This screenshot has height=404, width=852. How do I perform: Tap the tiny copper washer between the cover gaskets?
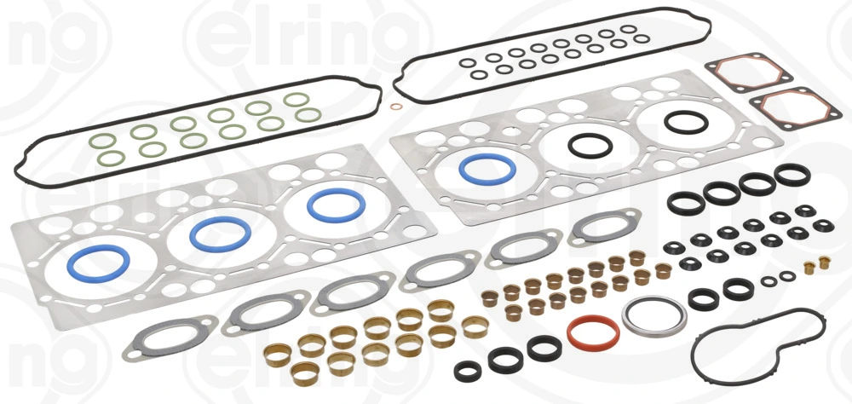[x=394, y=107]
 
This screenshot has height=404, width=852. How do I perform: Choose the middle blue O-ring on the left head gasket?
[x=220, y=233]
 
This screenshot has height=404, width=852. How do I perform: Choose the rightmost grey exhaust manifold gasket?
[x=604, y=228]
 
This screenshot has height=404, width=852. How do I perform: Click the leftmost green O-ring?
[x=103, y=141]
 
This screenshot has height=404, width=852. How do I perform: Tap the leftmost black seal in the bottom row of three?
[x=467, y=371]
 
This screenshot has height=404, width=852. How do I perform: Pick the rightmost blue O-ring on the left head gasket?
[x=336, y=205]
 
